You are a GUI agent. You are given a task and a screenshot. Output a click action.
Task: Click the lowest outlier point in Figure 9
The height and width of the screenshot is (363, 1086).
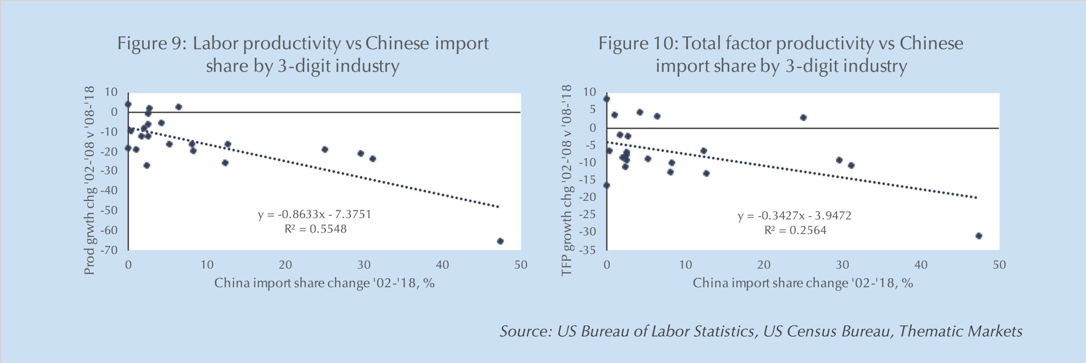click(x=500, y=241)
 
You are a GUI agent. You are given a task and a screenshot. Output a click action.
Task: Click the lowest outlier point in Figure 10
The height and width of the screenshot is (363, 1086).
click(x=979, y=236)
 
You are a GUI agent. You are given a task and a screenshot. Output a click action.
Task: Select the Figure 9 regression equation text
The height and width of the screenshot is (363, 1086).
click(x=315, y=214)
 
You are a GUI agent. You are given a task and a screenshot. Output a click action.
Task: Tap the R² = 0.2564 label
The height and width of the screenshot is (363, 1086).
click(x=795, y=231)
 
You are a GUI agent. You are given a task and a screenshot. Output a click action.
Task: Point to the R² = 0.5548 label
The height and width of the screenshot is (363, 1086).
click(x=315, y=229)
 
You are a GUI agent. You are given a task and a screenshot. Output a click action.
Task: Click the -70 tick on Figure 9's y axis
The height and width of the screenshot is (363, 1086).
click(x=109, y=250)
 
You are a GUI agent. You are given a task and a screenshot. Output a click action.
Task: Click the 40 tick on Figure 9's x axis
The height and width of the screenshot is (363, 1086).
click(x=442, y=265)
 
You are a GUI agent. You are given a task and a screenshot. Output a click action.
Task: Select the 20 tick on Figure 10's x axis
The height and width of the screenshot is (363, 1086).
click(x=764, y=265)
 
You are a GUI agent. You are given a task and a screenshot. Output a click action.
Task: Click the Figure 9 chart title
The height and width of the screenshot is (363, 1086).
click(x=303, y=54)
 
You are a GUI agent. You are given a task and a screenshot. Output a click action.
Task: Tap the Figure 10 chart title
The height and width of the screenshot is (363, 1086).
click(x=781, y=54)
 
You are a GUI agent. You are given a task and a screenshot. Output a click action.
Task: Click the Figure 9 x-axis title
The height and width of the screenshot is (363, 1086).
click(x=324, y=283)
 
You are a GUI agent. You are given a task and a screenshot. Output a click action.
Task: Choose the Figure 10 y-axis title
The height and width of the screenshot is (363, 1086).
click(x=567, y=180)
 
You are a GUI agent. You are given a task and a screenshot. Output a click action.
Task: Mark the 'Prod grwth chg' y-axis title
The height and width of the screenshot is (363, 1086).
click(x=89, y=180)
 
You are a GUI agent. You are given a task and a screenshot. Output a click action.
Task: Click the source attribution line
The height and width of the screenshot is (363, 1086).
click(x=761, y=331)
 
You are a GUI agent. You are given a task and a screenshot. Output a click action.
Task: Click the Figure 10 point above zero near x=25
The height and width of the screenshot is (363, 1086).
click(x=803, y=118)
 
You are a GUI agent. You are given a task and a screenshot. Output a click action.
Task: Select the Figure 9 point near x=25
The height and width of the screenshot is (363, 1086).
click(x=325, y=149)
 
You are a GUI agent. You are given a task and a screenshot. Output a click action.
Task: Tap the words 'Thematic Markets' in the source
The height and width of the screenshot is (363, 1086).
click(x=960, y=331)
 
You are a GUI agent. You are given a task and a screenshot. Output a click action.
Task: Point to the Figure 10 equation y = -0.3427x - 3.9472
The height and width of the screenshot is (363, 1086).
click(x=795, y=216)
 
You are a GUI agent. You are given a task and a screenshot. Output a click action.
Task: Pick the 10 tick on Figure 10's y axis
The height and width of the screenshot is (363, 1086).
click(x=589, y=92)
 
